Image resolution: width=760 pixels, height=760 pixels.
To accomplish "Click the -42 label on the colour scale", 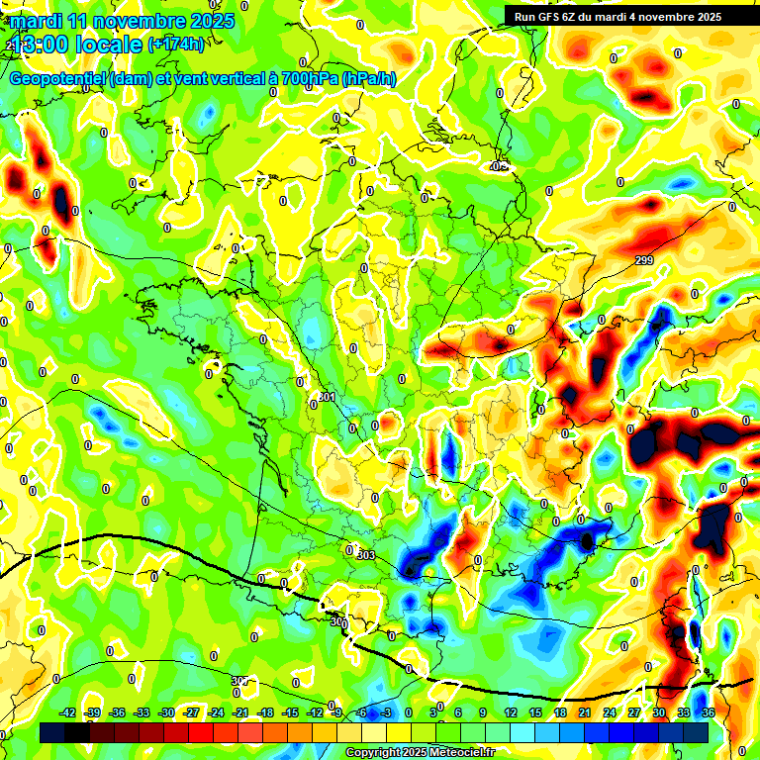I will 67,712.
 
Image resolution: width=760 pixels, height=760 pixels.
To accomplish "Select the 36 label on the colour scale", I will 709,712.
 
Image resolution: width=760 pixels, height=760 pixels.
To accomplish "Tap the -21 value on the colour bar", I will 240,712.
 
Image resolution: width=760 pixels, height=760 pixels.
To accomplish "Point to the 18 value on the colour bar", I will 559,712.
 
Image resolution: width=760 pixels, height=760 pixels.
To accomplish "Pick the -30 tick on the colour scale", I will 166,712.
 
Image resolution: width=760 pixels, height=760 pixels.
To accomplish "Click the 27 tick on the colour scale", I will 634,712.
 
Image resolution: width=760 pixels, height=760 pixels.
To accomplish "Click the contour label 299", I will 644,260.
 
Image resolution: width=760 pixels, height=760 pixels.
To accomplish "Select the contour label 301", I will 327,397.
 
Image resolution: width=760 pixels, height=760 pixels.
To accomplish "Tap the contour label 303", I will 366,556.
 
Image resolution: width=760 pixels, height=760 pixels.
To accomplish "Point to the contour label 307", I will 240,681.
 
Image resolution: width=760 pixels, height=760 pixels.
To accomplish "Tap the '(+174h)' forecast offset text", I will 176,45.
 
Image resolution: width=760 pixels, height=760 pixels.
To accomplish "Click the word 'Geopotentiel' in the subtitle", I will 57,78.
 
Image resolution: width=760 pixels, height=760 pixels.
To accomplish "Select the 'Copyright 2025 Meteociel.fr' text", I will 420,752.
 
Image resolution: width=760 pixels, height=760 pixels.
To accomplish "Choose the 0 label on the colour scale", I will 409,712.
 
